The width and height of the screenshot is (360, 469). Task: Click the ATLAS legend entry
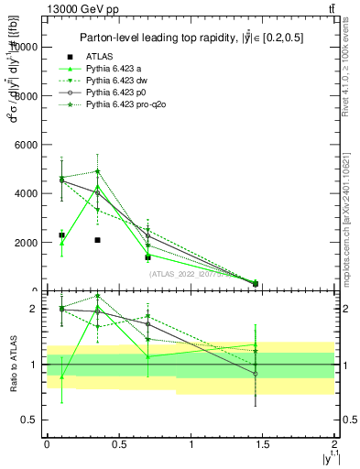tap(100, 57)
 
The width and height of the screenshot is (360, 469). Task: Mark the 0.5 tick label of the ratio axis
tap(31, 420)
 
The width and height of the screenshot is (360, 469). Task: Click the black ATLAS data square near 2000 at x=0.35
tap(97, 240)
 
